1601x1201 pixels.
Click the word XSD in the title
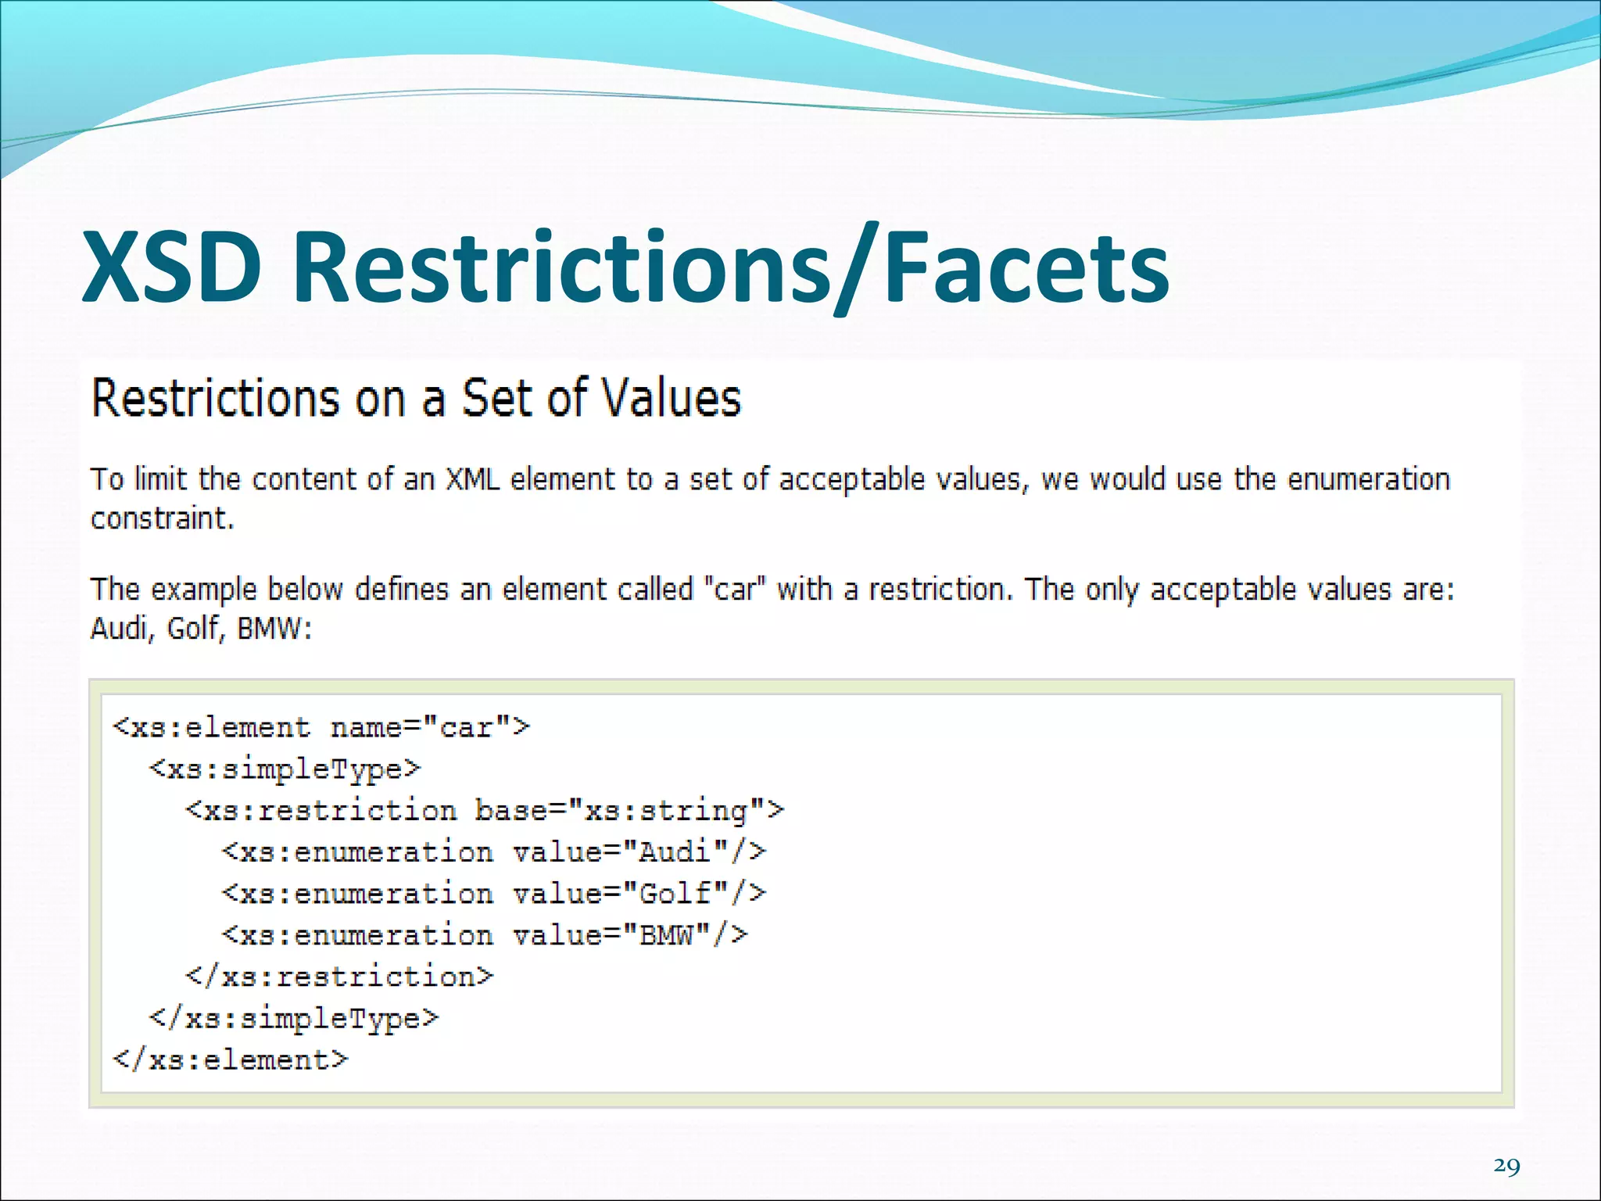(x=172, y=267)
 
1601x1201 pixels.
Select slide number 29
(x=1506, y=1166)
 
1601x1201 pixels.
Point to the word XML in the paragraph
(x=473, y=479)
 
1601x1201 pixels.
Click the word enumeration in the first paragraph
(x=1368, y=479)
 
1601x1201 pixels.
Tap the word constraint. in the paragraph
(x=163, y=518)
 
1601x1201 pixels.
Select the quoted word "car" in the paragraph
(x=735, y=589)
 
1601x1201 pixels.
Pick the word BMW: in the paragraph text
(x=274, y=628)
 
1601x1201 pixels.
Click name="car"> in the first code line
(x=430, y=728)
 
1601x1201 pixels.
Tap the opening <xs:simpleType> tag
(x=285, y=769)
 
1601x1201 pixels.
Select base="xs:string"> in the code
(x=629, y=811)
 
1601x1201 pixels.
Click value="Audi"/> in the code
(x=639, y=852)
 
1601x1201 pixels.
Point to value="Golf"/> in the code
(x=639, y=894)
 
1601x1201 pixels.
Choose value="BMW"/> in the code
(x=630, y=935)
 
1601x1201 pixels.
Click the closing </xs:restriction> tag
(x=339, y=977)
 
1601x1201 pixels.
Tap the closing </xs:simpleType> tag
(x=294, y=1018)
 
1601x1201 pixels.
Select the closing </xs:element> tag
(x=231, y=1059)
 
